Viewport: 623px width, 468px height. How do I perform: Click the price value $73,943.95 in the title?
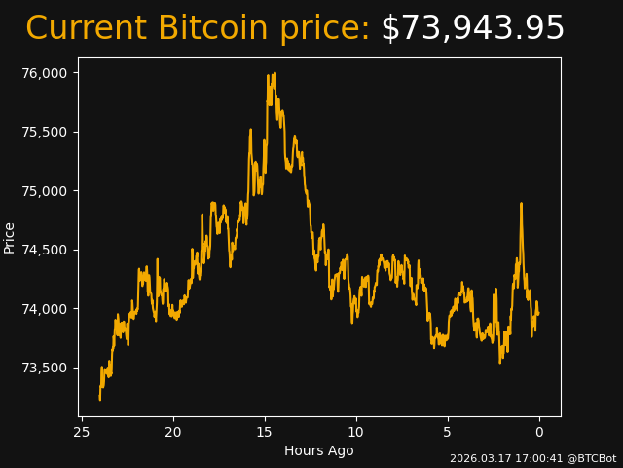click(x=472, y=28)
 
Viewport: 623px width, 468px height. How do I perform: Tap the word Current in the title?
click(x=87, y=28)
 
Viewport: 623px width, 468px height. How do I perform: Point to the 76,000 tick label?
click(x=46, y=73)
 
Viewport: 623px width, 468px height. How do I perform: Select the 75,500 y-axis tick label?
click(x=46, y=132)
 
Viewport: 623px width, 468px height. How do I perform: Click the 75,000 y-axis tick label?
click(x=46, y=191)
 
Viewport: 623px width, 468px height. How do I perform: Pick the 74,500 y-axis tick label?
click(x=46, y=250)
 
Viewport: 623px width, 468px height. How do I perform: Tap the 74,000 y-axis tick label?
click(x=46, y=309)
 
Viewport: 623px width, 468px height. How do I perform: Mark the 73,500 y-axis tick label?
click(x=46, y=368)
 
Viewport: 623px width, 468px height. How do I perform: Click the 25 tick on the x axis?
click(x=82, y=432)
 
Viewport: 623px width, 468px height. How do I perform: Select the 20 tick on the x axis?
click(x=173, y=432)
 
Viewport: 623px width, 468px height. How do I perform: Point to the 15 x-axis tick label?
click(x=265, y=432)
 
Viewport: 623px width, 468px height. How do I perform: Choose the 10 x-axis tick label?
click(x=356, y=432)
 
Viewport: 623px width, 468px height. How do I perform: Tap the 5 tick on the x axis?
click(x=448, y=432)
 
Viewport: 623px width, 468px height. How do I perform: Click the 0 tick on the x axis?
click(x=539, y=432)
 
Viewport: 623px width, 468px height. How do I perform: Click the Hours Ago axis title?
click(x=318, y=450)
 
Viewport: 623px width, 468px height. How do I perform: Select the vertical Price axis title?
click(x=10, y=237)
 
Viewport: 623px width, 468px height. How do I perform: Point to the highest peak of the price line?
click(x=275, y=73)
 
